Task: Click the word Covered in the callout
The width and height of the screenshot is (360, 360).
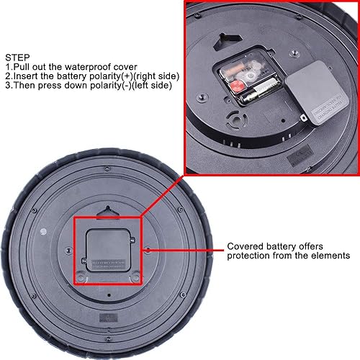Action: (246, 246)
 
